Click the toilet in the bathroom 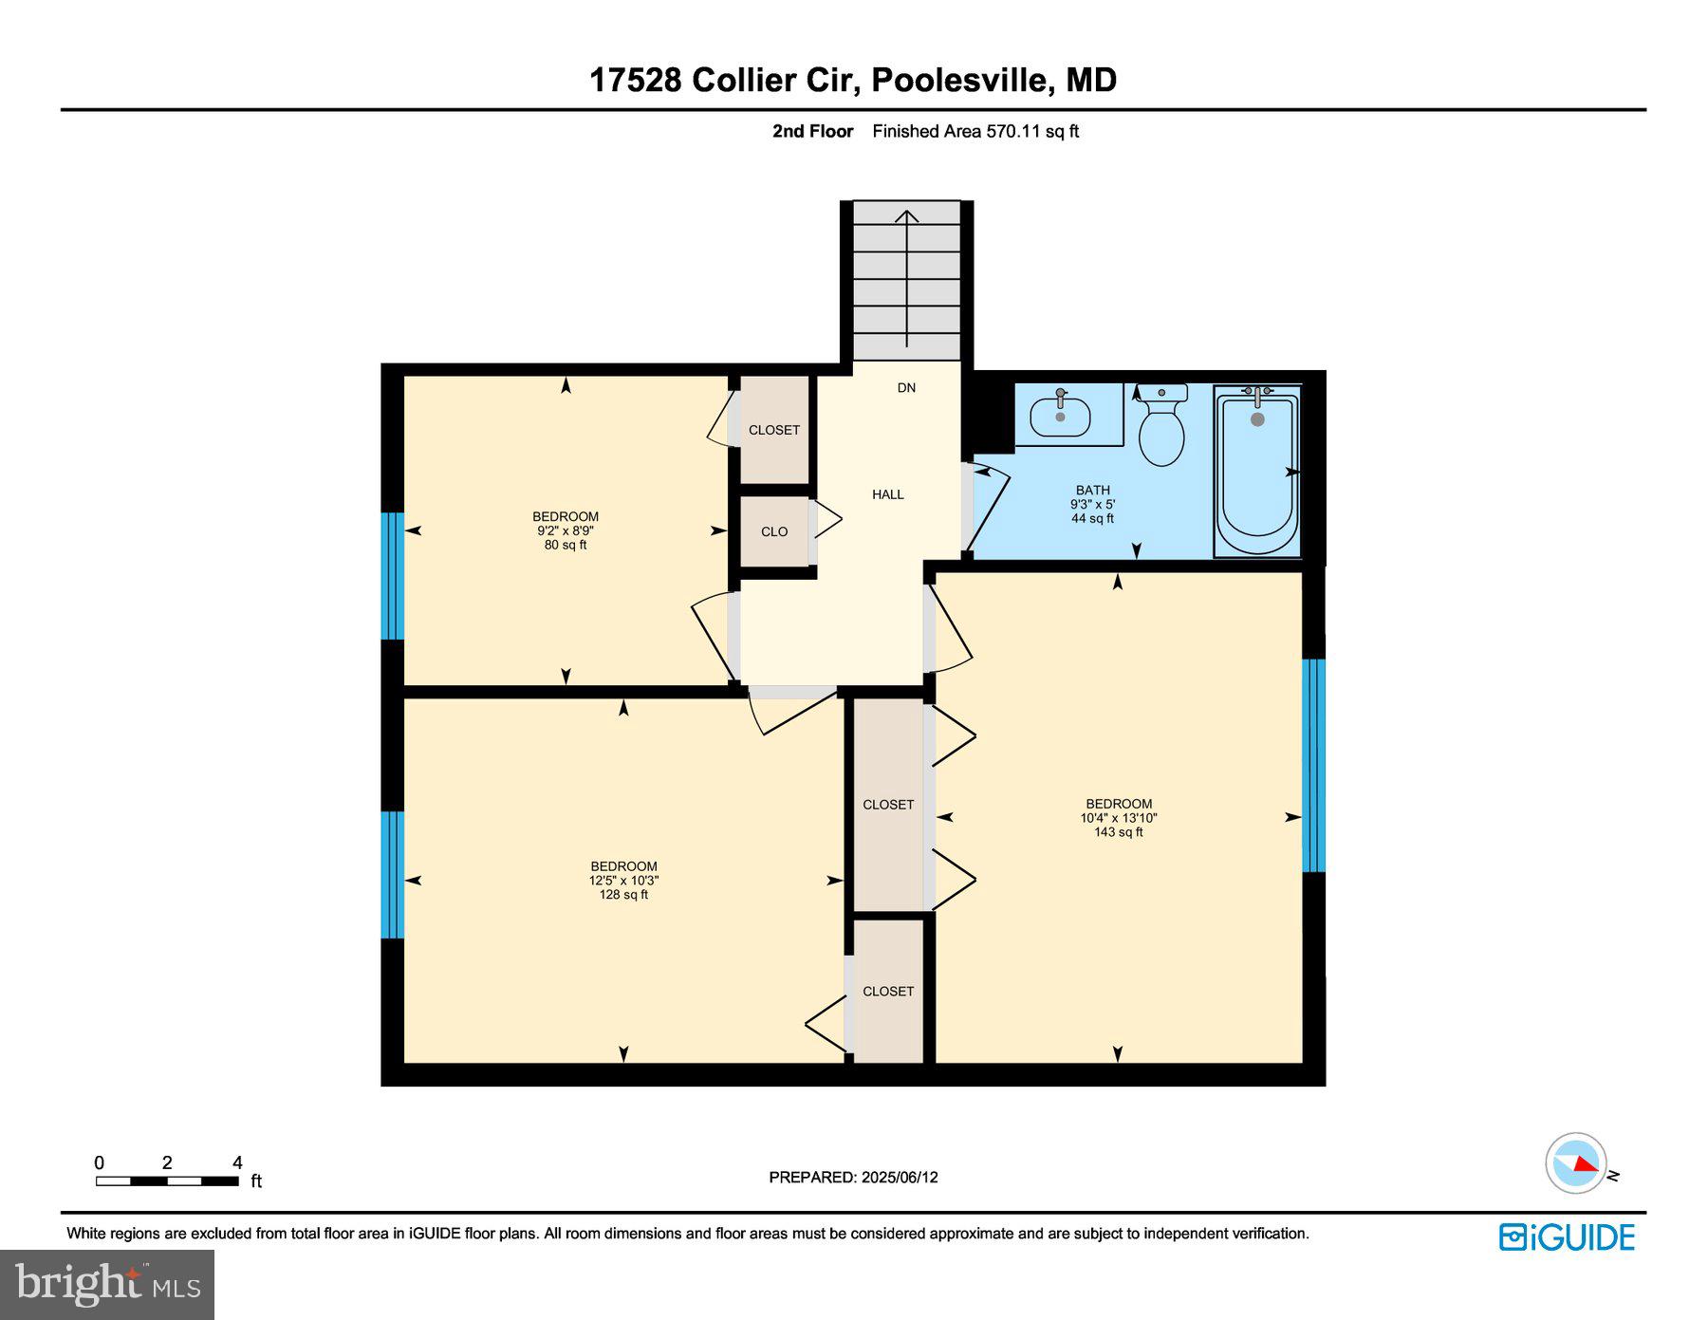1161,432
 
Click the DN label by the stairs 906,387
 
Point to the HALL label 887,494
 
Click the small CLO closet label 774,531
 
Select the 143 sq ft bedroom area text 1118,832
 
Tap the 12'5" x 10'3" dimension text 623,881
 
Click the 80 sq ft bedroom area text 566,546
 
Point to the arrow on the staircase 907,275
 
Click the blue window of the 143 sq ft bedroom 1313,765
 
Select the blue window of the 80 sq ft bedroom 393,576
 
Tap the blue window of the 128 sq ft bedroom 393,874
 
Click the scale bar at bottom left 167,1181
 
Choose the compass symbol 1576,1162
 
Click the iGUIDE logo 1567,1237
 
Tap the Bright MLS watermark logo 107,1285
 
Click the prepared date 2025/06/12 900,1178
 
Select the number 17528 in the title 635,80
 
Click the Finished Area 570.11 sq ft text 975,132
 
